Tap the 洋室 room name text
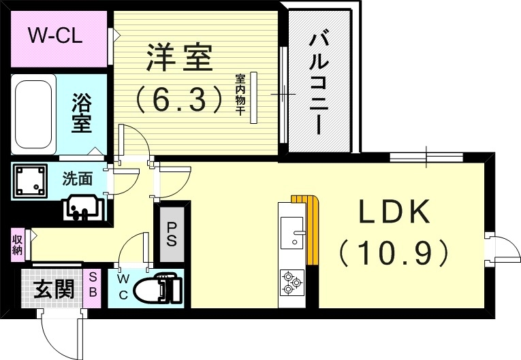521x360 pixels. pos(178,58)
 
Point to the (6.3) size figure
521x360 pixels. pos(178,100)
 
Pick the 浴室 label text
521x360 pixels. pos(82,114)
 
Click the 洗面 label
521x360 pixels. pos(77,179)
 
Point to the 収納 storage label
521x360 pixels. pos(17,244)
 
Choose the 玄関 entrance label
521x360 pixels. pos(54,290)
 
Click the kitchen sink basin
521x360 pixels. pos(294,230)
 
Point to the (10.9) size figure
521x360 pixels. pos(394,252)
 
